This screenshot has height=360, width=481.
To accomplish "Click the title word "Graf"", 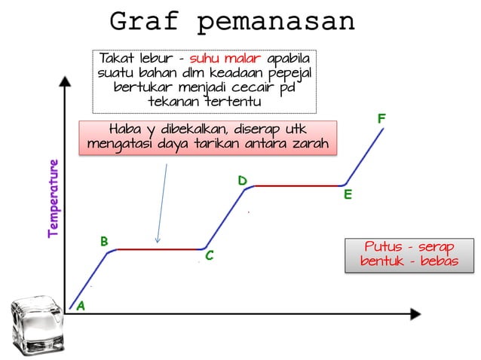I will [x=146, y=22].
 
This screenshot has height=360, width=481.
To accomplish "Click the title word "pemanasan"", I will [x=275, y=22].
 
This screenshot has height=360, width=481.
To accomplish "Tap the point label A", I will [x=81, y=306].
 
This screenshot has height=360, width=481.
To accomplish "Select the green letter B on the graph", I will [x=105, y=241].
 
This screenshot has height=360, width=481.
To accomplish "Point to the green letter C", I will [x=210, y=258].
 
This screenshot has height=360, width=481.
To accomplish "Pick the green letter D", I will [x=242, y=181].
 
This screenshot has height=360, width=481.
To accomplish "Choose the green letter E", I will [x=348, y=195].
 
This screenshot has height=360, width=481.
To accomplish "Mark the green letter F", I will [x=381, y=119].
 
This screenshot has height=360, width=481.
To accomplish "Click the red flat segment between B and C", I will [x=158, y=249].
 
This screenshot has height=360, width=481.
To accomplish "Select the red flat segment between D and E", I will [x=298, y=185].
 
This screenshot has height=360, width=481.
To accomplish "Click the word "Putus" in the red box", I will [x=383, y=247].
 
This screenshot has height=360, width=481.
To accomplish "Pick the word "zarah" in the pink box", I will [x=309, y=143].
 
